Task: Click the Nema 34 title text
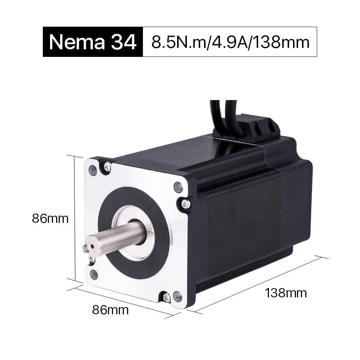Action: pos(93,42)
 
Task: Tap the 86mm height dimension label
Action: pos(50,218)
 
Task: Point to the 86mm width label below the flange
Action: pos(110,309)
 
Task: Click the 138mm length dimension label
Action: pos(286,293)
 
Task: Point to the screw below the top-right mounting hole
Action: pos(184,204)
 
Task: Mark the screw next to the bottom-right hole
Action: pos(166,297)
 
